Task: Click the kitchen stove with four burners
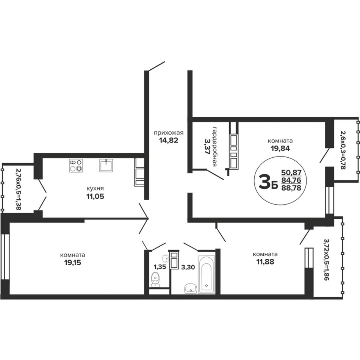(x=76, y=166)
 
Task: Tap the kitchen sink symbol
(x=106, y=165)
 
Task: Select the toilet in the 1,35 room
(x=155, y=279)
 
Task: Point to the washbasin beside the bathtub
(x=191, y=288)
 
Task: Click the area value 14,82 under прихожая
(x=169, y=140)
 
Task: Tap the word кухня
(x=95, y=188)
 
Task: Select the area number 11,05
(x=95, y=197)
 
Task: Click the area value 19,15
(x=72, y=263)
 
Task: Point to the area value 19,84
(x=280, y=148)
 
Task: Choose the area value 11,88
(x=265, y=261)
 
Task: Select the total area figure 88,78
(x=291, y=188)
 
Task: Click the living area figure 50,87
(x=291, y=172)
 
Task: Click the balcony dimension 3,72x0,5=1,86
(x=327, y=260)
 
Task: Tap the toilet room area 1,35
(x=160, y=267)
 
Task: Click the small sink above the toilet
(x=165, y=258)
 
